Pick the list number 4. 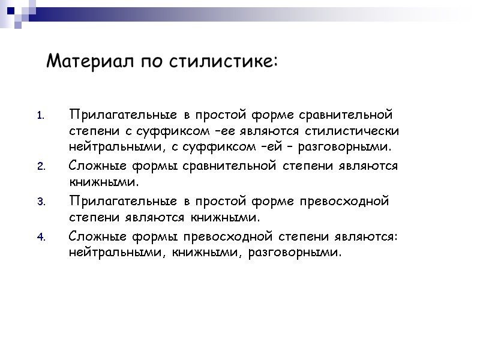click(41, 237)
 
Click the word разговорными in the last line click(298, 252)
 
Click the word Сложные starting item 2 click(97, 166)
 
